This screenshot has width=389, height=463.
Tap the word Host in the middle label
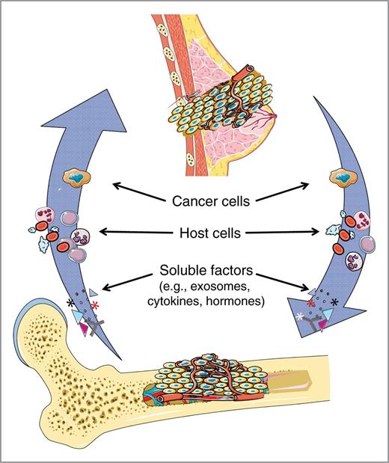[193, 233]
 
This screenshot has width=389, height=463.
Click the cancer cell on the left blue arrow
[76, 178]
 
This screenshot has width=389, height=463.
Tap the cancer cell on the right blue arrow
[343, 178]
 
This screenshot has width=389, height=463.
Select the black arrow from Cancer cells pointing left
[139, 192]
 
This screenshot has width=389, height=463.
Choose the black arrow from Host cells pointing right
[282, 233]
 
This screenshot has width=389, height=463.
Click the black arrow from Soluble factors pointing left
[127, 281]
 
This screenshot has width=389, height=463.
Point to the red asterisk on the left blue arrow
[95, 305]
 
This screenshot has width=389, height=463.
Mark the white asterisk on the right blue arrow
[300, 316]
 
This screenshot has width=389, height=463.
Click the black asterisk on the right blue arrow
[334, 302]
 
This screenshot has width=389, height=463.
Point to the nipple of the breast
[275, 115]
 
